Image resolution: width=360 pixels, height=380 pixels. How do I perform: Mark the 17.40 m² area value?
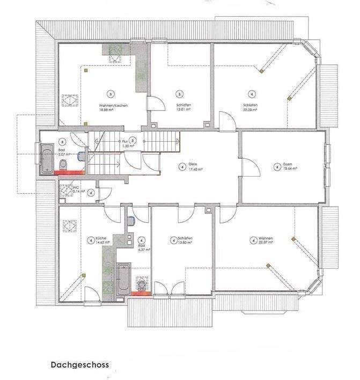pos(195,170)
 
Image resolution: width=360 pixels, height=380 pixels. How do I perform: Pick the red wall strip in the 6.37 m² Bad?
pos(142,293)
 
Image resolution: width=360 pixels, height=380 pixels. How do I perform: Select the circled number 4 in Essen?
pos(276,167)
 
